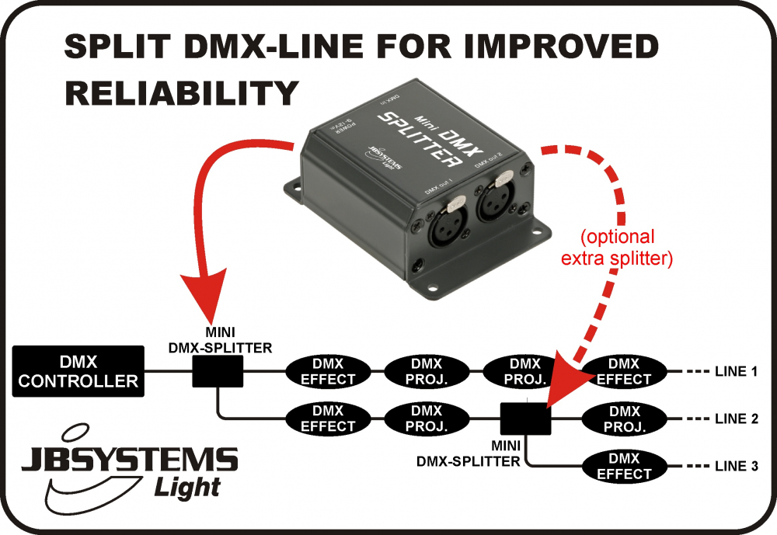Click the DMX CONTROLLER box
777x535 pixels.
click(78, 371)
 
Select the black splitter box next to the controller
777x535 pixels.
click(218, 371)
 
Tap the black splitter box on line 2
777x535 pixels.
click(525, 419)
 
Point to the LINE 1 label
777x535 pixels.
click(735, 372)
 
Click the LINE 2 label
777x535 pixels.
click(735, 419)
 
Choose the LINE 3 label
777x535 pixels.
click(735, 467)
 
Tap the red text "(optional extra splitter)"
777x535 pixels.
click(615, 248)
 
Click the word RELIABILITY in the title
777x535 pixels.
click(182, 92)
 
